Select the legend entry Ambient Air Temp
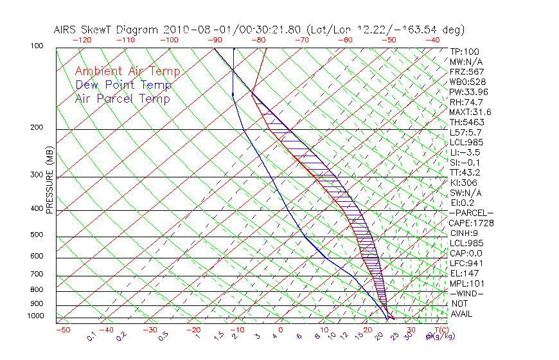(x=127, y=71)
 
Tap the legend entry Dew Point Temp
(x=123, y=85)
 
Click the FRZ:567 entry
(x=467, y=71)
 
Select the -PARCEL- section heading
(x=471, y=213)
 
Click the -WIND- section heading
(x=467, y=293)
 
